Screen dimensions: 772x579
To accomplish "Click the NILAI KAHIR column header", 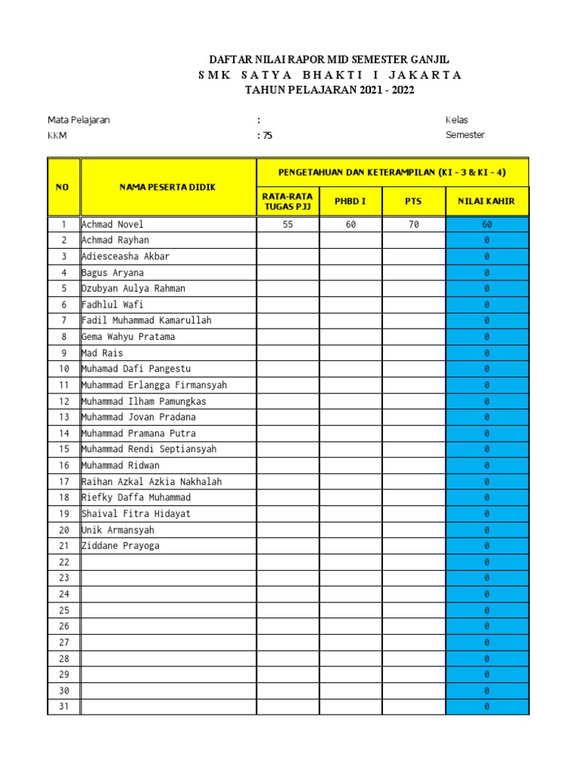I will (x=487, y=202).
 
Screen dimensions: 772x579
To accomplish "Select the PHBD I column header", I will (x=351, y=202).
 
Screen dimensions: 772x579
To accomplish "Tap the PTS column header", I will (x=413, y=202).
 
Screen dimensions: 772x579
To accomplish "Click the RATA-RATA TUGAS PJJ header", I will (x=288, y=202).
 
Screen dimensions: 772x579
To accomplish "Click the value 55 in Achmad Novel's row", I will (x=288, y=225).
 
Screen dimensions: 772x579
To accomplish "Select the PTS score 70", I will (x=413, y=225).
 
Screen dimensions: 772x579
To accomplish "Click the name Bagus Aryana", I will (x=112, y=273).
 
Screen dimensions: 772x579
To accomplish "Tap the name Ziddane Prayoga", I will (x=121, y=546).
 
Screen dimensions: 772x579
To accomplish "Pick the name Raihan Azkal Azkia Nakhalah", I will (x=152, y=482).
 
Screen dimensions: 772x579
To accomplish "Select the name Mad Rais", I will (x=103, y=353).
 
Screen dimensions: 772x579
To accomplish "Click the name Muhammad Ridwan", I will (x=121, y=465).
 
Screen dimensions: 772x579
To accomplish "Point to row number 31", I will (x=64, y=707).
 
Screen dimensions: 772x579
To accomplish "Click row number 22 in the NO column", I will (x=64, y=562).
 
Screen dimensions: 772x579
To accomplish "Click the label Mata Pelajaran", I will (x=78, y=120).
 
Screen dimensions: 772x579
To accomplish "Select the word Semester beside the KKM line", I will (x=465, y=135).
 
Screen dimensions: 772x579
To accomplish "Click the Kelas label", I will (x=457, y=120).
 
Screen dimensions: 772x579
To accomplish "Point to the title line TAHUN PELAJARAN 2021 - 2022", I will (x=329, y=90).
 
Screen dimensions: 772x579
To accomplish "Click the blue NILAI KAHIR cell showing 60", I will (x=487, y=225).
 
